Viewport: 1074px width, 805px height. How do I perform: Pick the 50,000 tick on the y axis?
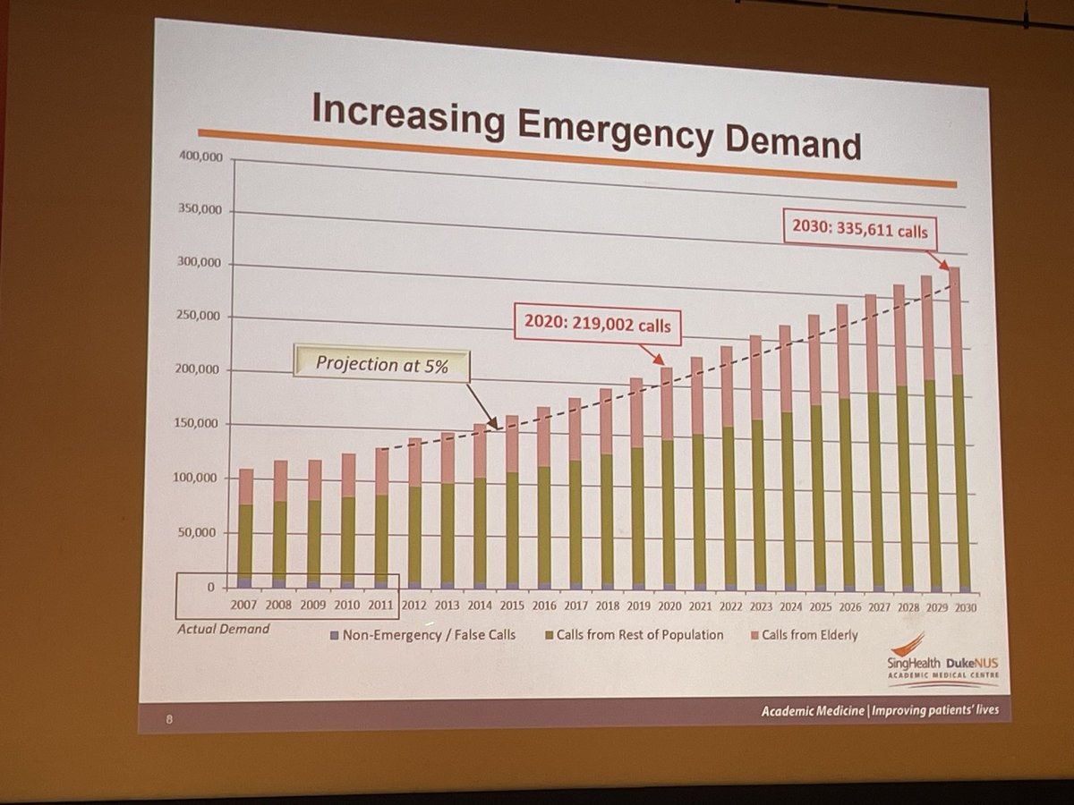[x=197, y=532]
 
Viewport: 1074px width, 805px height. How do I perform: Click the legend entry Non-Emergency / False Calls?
[x=417, y=635]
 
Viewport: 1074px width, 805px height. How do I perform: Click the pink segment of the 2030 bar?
[x=957, y=322]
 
